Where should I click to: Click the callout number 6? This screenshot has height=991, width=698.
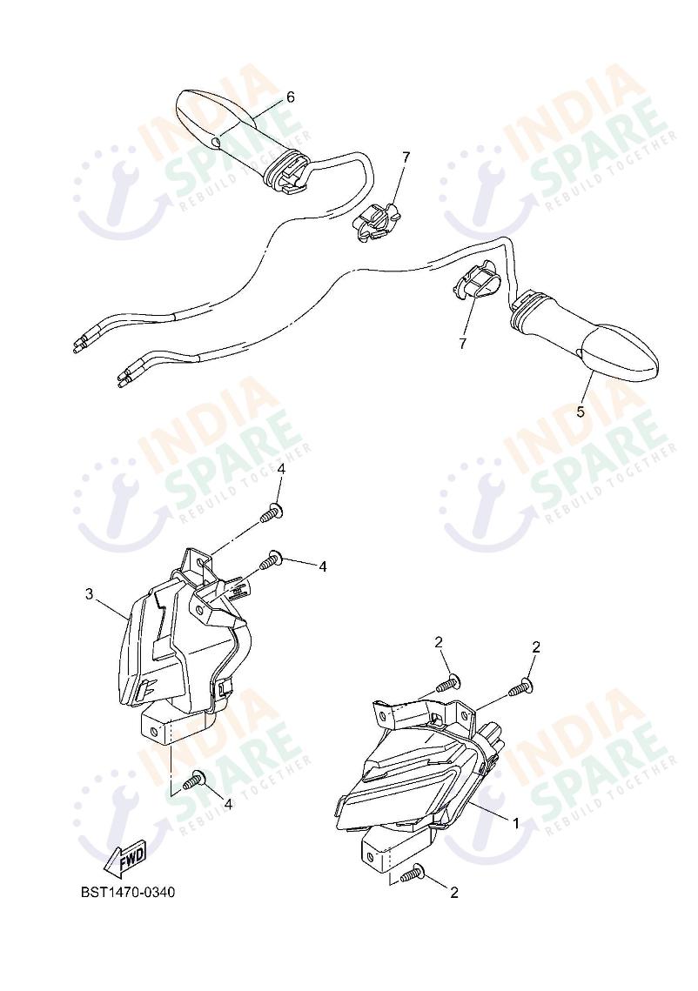[290, 97]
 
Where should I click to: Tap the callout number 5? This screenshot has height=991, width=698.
[581, 412]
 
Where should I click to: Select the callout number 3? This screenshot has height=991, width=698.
[89, 594]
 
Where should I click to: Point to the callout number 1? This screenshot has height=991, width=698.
[516, 823]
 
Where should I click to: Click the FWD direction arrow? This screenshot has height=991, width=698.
[125, 859]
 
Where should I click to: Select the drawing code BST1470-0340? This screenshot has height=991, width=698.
[128, 893]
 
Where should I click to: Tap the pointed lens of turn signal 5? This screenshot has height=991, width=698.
[620, 352]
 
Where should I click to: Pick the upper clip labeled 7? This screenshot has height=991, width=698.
[378, 221]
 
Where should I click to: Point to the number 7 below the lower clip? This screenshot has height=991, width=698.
[463, 343]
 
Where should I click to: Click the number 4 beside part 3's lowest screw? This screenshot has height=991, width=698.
[228, 804]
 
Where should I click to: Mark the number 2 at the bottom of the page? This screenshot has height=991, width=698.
[453, 893]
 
